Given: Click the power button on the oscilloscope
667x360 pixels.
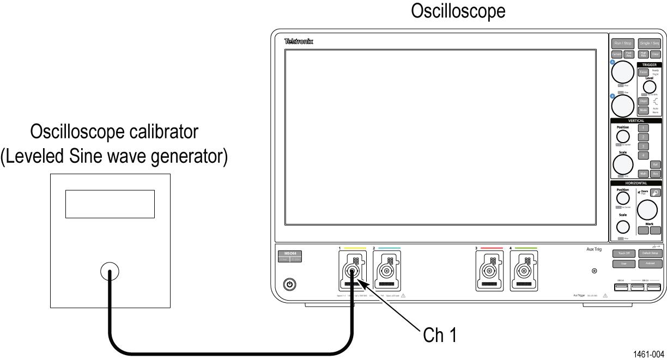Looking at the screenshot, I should [x=290, y=284].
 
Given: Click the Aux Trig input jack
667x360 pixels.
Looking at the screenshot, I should [x=595, y=271].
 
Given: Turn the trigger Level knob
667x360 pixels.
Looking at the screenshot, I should [x=649, y=86].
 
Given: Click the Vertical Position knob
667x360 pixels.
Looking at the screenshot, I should [x=622, y=135].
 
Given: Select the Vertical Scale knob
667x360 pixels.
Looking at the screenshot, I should [x=623, y=163].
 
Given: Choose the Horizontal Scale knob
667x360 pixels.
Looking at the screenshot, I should [x=622, y=226].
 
